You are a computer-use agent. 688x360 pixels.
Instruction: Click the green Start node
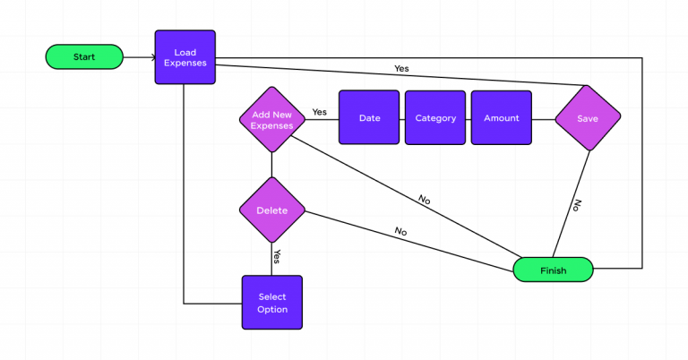tap(84, 57)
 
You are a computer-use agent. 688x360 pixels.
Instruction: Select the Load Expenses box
tap(185, 57)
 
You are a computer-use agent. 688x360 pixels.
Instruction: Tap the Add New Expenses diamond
tap(271, 120)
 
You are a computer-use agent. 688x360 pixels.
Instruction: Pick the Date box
tap(369, 118)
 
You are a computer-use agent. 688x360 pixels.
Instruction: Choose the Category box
tap(435, 118)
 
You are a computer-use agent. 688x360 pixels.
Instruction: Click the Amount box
tap(501, 118)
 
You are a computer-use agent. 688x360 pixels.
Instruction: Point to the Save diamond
tap(588, 118)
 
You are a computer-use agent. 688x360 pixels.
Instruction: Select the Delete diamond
tap(271, 210)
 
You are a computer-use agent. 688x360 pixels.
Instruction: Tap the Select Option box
tap(272, 302)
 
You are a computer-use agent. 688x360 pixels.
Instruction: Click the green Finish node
tap(553, 270)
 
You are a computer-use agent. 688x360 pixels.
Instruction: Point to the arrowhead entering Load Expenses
tap(150, 58)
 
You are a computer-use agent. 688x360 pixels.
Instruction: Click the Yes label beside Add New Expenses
tap(319, 112)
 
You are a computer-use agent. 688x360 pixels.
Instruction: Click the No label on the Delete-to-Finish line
tap(400, 231)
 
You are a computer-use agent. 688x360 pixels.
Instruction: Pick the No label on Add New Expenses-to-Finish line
tap(424, 200)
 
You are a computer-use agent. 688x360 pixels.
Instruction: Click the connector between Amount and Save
tap(543, 118)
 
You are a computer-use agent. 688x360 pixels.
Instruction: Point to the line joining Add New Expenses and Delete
tap(271, 165)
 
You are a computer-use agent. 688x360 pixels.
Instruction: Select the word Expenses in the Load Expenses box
tap(185, 64)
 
